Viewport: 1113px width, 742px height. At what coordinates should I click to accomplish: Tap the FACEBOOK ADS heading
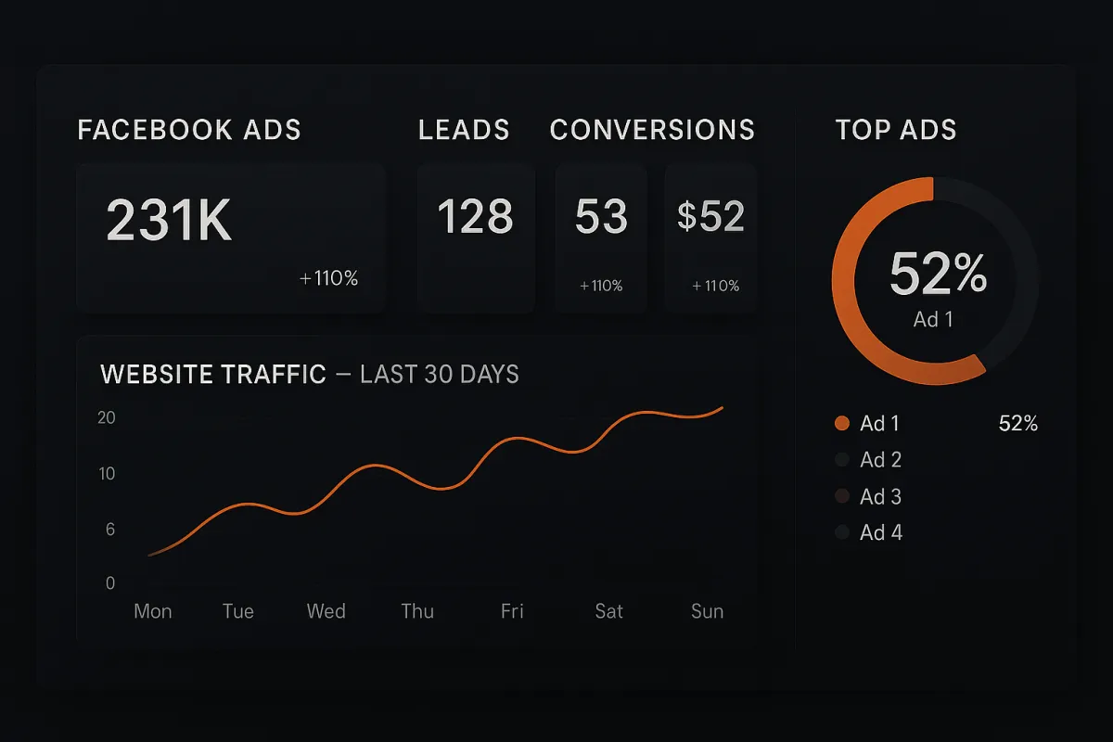click(189, 130)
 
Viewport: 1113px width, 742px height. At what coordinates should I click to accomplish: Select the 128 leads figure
click(475, 217)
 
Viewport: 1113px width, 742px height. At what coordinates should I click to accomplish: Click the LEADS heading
click(464, 130)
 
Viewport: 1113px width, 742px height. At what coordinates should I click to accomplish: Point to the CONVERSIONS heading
click(652, 130)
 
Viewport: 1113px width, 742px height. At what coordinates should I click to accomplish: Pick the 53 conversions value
click(601, 217)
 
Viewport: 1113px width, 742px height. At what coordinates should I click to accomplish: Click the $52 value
click(710, 217)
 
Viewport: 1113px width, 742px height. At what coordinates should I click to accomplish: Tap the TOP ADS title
click(895, 130)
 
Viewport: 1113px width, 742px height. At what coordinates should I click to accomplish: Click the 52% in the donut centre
click(938, 274)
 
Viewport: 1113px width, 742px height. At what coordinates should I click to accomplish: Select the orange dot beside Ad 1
click(842, 424)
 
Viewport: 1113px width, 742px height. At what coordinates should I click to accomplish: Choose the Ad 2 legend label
click(880, 460)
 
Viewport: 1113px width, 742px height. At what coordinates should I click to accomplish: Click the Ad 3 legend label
click(880, 497)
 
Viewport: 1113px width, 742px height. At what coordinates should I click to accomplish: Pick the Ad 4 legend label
click(880, 532)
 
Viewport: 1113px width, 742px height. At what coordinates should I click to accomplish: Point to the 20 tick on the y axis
click(107, 418)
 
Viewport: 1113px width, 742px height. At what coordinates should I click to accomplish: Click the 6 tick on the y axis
click(110, 530)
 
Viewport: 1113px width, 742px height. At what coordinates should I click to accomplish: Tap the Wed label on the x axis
click(326, 611)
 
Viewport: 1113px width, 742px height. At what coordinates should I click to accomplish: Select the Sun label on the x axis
click(707, 611)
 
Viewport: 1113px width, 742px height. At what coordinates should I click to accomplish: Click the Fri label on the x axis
click(512, 611)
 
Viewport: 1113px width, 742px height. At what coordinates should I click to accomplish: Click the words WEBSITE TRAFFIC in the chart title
click(213, 375)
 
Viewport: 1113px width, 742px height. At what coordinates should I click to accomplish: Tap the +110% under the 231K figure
click(328, 278)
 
